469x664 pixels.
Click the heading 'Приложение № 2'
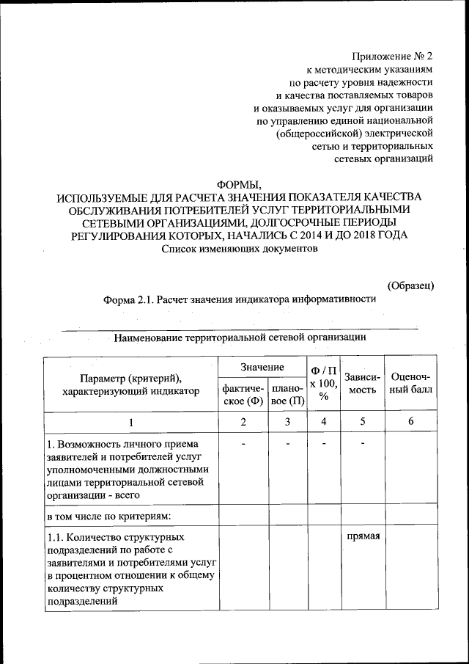pos(393,55)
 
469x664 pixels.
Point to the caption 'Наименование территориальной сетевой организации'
pos(239,338)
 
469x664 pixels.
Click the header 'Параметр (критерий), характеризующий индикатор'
pos(131,384)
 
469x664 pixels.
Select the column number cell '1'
pos(131,422)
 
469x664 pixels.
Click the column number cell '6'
pos(412,422)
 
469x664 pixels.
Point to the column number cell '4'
pos(323,422)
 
